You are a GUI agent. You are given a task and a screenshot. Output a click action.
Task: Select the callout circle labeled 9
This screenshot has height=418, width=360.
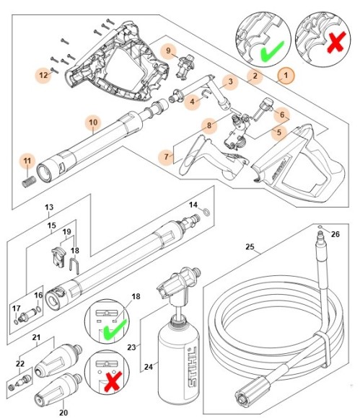[168, 51]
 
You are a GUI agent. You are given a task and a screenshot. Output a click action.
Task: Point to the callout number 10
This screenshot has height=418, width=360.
[92, 122]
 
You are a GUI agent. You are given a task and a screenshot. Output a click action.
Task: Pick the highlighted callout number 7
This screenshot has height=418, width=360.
[167, 156]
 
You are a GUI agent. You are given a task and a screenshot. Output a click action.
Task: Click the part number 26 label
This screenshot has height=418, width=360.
[334, 234]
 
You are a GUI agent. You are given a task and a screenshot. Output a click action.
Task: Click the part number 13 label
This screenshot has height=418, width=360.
[48, 207]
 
